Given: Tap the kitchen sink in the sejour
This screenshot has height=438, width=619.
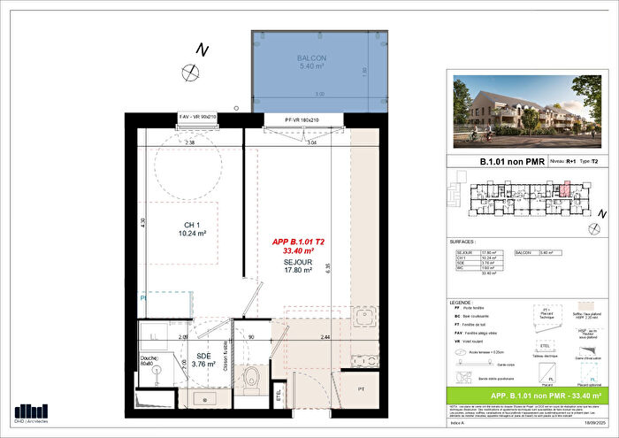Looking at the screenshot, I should [x=363, y=318].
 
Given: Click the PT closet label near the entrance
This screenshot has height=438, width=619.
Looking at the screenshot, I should [x=361, y=388].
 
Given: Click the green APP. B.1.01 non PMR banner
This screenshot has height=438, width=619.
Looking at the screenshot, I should [x=533, y=396].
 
